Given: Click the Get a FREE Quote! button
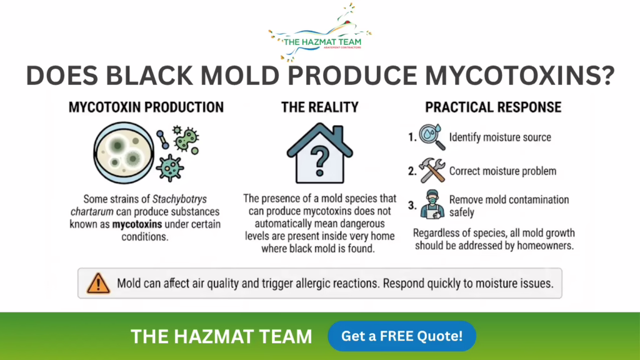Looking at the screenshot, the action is [402, 336].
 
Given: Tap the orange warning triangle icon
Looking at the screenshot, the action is [98, 283].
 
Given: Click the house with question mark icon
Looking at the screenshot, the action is [319, 153].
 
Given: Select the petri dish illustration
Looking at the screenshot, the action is [124, 152].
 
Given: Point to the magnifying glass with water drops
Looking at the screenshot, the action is [432, 137].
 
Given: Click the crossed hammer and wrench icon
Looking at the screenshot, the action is [432, 171].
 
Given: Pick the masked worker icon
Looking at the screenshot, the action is [432, 204].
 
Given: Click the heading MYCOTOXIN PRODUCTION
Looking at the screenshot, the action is [146, 107].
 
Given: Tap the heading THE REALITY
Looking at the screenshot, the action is [319, 107].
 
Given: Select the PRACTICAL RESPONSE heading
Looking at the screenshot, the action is [493, 107].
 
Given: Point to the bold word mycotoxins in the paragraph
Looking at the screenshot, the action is [137, 224].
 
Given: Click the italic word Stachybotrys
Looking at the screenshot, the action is [179, 199].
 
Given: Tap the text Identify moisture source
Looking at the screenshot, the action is [500, 137].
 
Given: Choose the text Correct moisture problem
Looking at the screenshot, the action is [502, 171].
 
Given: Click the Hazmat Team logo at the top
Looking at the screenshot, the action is [320, 32].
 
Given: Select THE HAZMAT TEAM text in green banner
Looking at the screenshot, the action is [221, 336].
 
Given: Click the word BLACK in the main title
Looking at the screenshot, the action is [149, 76].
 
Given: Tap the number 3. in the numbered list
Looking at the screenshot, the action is [412, 205].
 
